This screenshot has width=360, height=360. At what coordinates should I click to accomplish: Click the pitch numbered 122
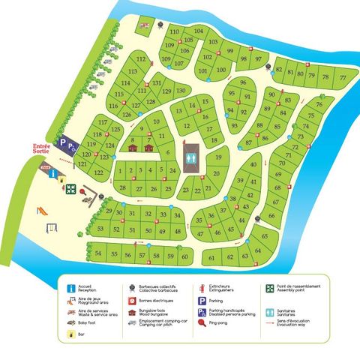pos(98,172)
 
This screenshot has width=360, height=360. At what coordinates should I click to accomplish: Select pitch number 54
pos(98,254)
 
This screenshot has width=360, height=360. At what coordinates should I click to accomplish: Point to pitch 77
pos(342,77)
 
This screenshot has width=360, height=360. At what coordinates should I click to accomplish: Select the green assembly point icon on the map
pos(70,189)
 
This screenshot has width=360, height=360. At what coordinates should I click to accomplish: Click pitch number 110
pos(174,31)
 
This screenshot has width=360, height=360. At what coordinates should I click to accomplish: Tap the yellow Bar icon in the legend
pos(70,335)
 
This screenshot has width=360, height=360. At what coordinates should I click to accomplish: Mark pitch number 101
pos(202,71)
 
